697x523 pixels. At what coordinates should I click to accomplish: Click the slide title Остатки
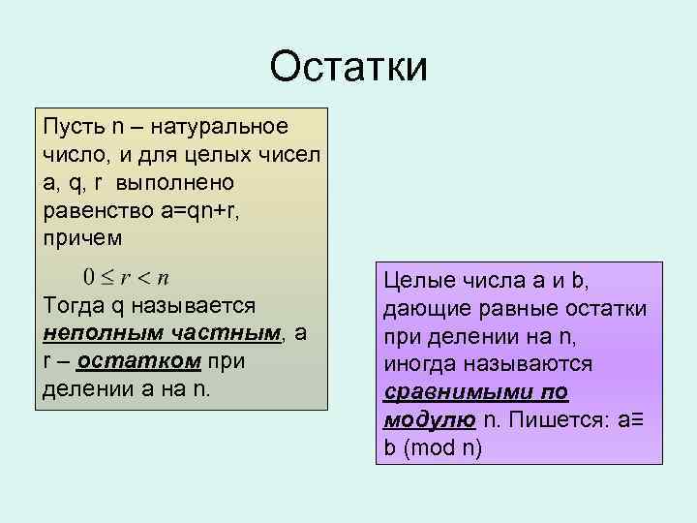click(x=348, y=67)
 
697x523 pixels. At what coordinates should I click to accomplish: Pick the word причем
click(x=82, y=237)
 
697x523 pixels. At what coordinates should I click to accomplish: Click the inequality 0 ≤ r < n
click(x=126, y=277)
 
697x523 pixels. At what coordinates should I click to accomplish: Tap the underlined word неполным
click(x=93, y=333)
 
